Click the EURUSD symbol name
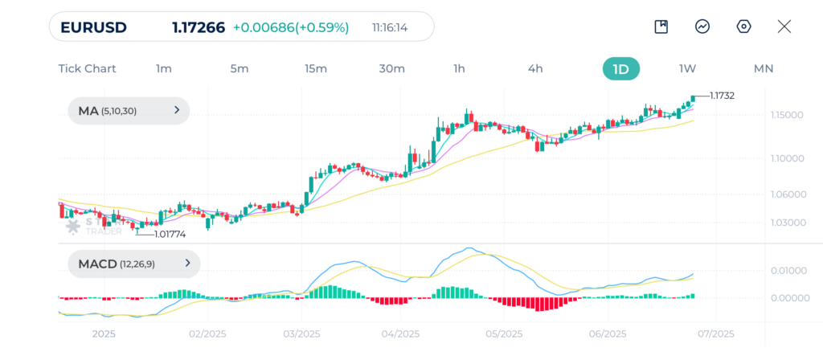93,27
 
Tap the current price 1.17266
199,27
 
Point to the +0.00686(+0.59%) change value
291,27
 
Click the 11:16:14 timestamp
390,27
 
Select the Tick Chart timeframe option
87,68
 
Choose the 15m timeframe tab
316,68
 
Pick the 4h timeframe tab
535,68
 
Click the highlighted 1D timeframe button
620,68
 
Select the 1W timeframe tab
687,68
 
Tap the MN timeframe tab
763,68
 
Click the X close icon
784,27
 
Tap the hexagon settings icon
743,27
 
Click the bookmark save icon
661,27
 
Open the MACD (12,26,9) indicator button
133,263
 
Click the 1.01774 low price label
170,235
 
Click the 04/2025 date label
400,333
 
